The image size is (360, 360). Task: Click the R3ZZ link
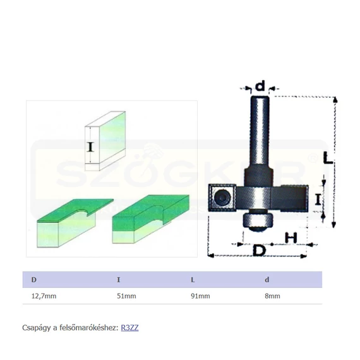pos(129,328)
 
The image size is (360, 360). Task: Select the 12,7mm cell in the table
pos(44,296)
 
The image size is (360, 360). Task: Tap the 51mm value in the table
pos(126,296)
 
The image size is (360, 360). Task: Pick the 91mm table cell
pos(200,296)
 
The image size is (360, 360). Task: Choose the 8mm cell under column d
pos(272,296)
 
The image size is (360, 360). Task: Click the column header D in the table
pos(34,280)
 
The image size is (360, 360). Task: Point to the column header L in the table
pos(193,280)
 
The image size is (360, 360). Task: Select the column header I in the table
pos(119,280)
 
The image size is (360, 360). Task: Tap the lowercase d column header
pos(267,280)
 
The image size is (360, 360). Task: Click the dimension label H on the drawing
pos(291,237)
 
